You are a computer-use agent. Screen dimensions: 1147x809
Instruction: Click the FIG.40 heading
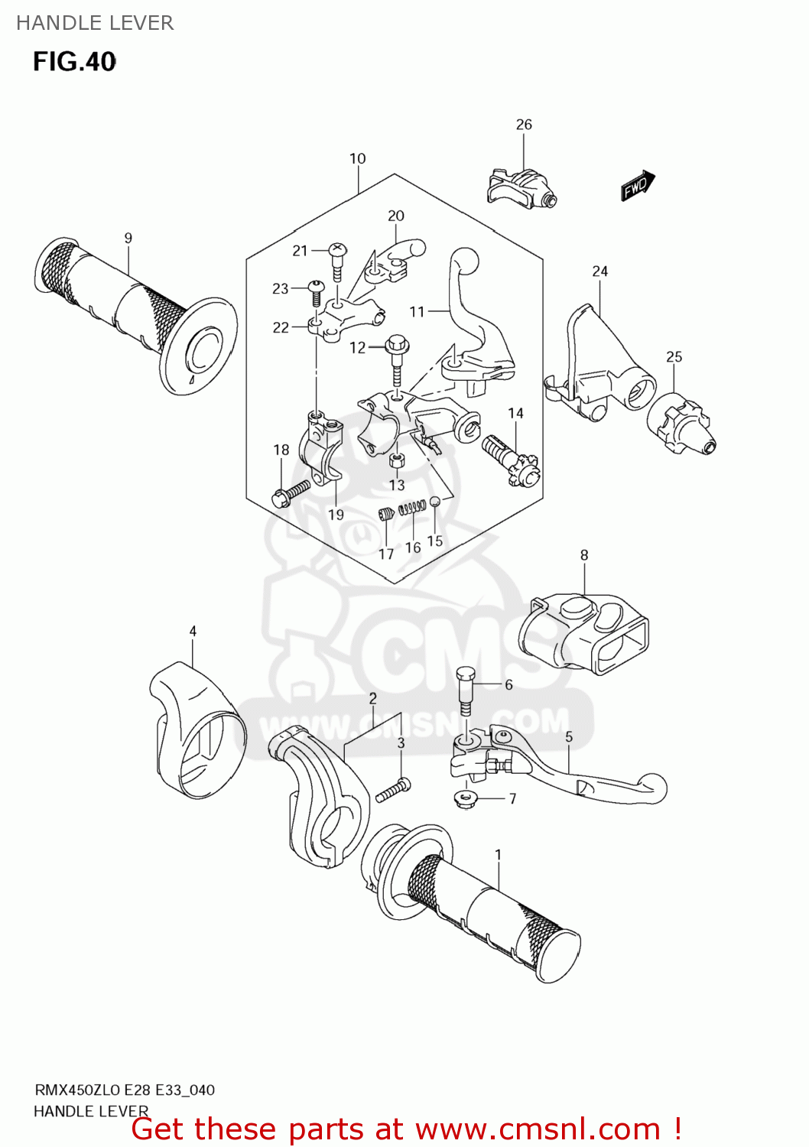tap(74, 61)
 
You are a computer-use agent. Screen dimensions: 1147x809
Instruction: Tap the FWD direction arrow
tap(637, 186)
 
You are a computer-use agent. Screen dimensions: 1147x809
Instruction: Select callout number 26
tap(524, 125)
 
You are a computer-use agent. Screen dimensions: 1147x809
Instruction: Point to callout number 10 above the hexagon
tap(357, 158)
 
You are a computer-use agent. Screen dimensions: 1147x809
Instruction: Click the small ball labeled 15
tap(434, 502)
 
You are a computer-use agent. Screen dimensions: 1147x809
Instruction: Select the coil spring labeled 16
tap(413, 507)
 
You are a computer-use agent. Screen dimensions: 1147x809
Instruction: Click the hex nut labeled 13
tap(396, 460)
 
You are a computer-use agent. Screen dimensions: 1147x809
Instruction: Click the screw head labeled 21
tap(337, 249)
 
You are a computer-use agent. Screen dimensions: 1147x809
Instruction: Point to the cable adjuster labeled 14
tap(510, 459)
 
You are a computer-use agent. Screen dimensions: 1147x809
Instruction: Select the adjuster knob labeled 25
tap(681, 424)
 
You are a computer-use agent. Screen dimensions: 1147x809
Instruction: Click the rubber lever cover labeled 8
tap(584, 632)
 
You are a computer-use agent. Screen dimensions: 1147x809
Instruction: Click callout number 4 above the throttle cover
tap(193, 631)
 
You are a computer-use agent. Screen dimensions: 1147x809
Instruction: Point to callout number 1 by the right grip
tap(498, 854)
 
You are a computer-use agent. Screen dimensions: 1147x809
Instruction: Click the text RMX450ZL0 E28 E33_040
tap(125, 1090)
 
